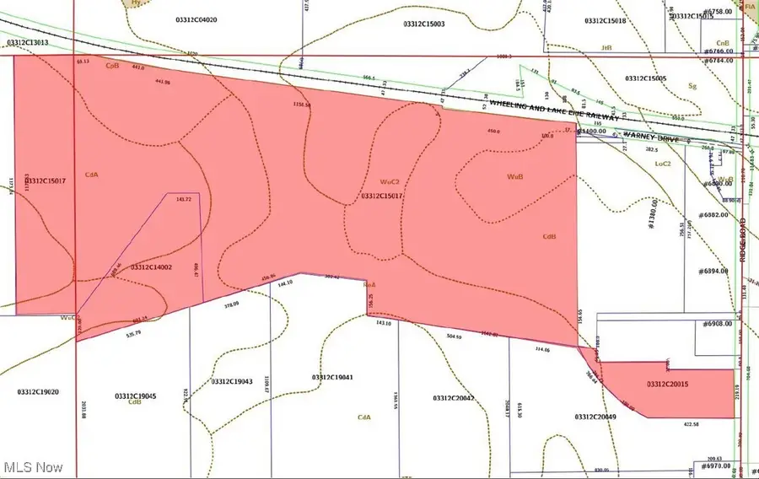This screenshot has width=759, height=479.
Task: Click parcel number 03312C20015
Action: (668, 385)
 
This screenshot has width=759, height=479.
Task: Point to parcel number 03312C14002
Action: (151, 267)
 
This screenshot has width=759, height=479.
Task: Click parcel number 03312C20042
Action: (454, 397)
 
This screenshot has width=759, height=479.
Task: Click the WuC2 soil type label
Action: (389, 181)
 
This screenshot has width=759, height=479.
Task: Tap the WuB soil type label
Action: (515, 177)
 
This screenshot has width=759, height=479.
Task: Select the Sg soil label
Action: (693, 85)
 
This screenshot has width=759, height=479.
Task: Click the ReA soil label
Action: (369, 285)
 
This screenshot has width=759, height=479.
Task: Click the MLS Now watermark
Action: (33, 466)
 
